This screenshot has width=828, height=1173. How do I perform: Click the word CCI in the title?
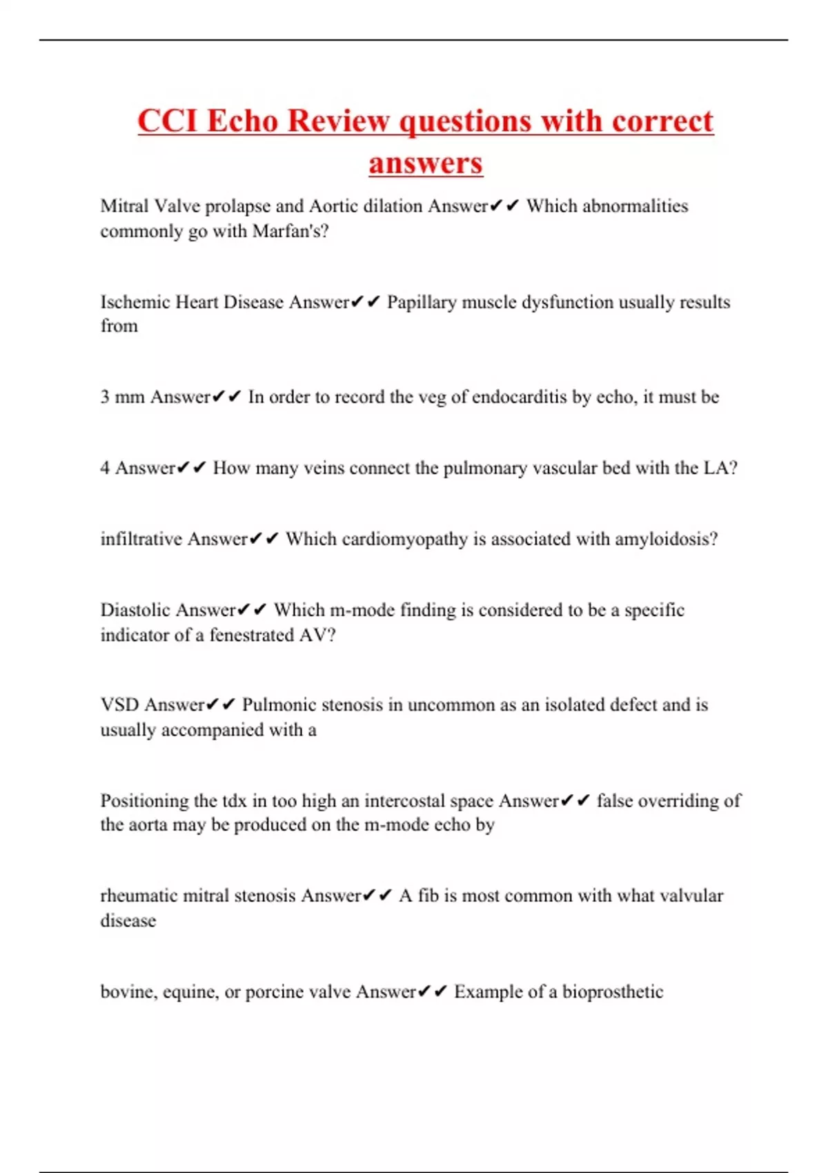point(168,121)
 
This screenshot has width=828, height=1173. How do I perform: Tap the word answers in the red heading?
point(425,164)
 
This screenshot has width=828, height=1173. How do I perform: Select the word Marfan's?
point(290,231)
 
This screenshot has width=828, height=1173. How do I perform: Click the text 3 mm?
point(122,397)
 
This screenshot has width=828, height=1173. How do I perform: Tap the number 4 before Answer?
point(105,469)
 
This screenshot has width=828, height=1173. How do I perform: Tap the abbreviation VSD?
point(120,705)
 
